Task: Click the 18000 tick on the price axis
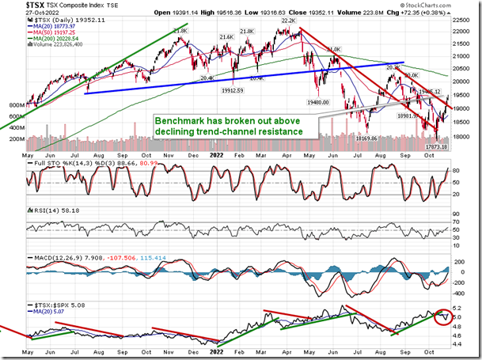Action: pyautogui.click(x=462, y=136)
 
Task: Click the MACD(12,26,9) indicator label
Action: pyautogui.click(x=48, y=256)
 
